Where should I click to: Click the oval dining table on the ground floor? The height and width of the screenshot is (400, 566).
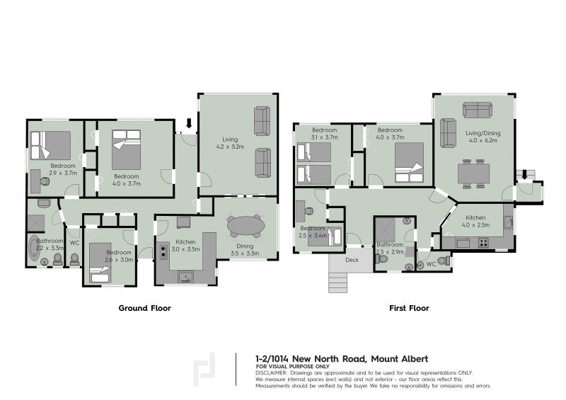(245, 226)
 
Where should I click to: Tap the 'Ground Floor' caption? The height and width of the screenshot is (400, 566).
(144, 309)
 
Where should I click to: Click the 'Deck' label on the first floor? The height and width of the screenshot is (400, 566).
(352, 260)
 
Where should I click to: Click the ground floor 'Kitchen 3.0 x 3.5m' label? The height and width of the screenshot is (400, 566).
(187, 246)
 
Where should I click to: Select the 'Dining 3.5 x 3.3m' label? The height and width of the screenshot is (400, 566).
(244, 248)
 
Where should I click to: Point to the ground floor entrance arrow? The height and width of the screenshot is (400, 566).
(188, 125)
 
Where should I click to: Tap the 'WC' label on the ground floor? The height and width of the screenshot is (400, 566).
(74, 244)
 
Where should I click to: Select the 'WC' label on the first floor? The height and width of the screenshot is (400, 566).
(431, 265)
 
